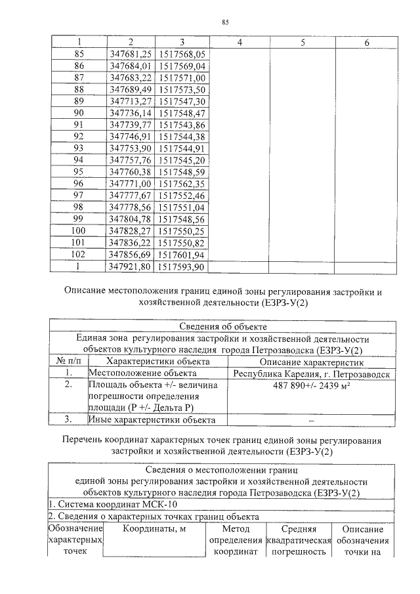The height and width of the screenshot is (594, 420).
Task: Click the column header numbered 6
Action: click(366, 43)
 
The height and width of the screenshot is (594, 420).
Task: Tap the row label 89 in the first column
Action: click(79, 101)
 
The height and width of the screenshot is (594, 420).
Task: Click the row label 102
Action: click(79, 255)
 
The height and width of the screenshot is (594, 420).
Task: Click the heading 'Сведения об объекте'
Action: click(222, 327)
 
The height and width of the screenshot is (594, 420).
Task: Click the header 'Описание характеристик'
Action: click(311, 362)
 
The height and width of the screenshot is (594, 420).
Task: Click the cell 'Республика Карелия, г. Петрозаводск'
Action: click(311, 373)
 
